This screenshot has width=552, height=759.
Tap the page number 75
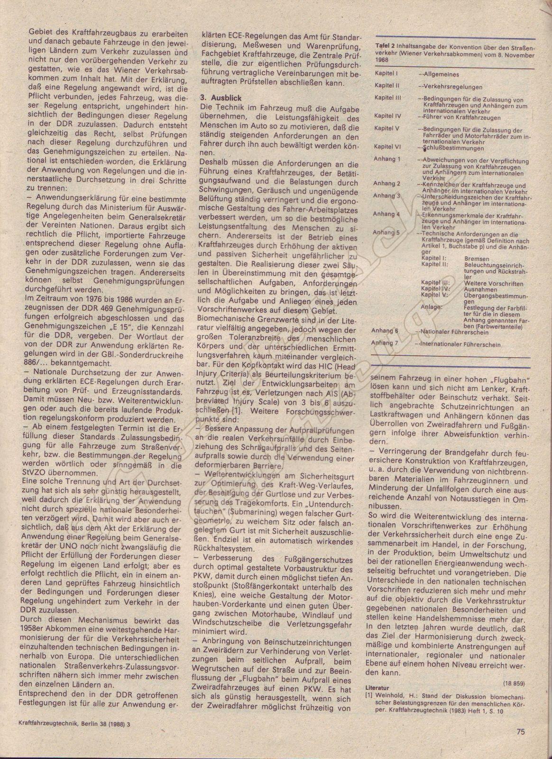(521, 731)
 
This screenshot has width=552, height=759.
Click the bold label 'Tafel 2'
(385, 46)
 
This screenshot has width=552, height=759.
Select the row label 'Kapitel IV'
(387, 116)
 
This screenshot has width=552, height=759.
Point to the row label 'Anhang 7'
(385, 342)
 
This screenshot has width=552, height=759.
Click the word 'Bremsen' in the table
(477, 259)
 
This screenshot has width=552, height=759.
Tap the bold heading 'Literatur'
(377, 687)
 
